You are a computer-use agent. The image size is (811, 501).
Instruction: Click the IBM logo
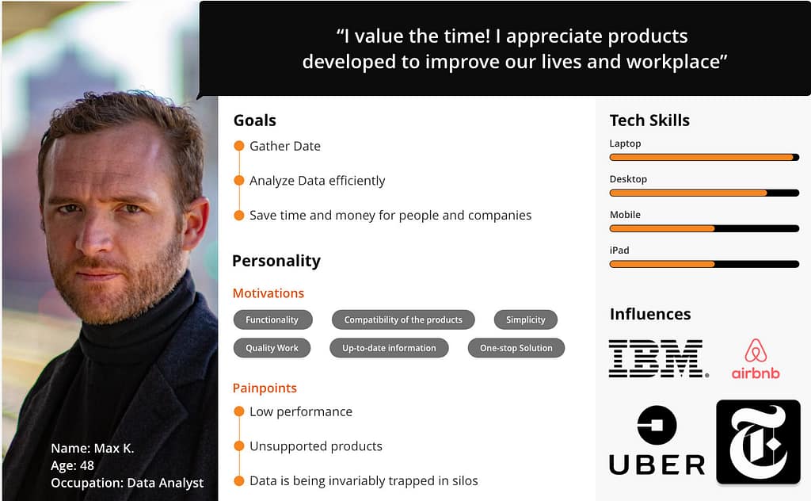[x=658, y=358]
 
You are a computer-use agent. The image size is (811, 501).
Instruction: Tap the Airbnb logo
[x=756, y=359]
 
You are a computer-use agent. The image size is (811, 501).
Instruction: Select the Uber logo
[x=657, y=441]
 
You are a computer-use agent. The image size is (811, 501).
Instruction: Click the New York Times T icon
[x=758, y=442]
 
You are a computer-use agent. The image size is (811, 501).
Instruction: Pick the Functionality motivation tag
[x=272, y=319]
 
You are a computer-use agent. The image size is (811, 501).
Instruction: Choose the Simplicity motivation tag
[x=526, y=319]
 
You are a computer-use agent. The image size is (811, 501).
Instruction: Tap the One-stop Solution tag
[x=516, y=348]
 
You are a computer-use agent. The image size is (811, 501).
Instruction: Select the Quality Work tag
[x=272, y=348]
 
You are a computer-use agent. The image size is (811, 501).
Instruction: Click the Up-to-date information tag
[x=389, y=348]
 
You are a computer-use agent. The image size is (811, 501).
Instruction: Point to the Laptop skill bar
[x=704, y=157]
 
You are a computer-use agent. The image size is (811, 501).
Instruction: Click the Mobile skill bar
[x=704, y=228]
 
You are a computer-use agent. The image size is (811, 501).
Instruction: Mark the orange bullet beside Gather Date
[x=239, y=146]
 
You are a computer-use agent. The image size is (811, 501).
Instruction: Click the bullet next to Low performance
[x=239, y=411]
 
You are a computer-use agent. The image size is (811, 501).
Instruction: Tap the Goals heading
[x=255, y=120]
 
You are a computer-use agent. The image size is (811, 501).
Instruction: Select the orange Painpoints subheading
[x=265, y=388]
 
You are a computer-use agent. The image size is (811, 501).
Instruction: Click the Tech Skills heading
[x=649, y=120]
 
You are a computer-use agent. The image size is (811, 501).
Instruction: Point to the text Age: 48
[x=72, y=466]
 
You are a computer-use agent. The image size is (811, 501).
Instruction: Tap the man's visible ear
[x=195, y=223]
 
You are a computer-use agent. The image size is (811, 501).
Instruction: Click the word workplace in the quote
[x=676, y=62]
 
